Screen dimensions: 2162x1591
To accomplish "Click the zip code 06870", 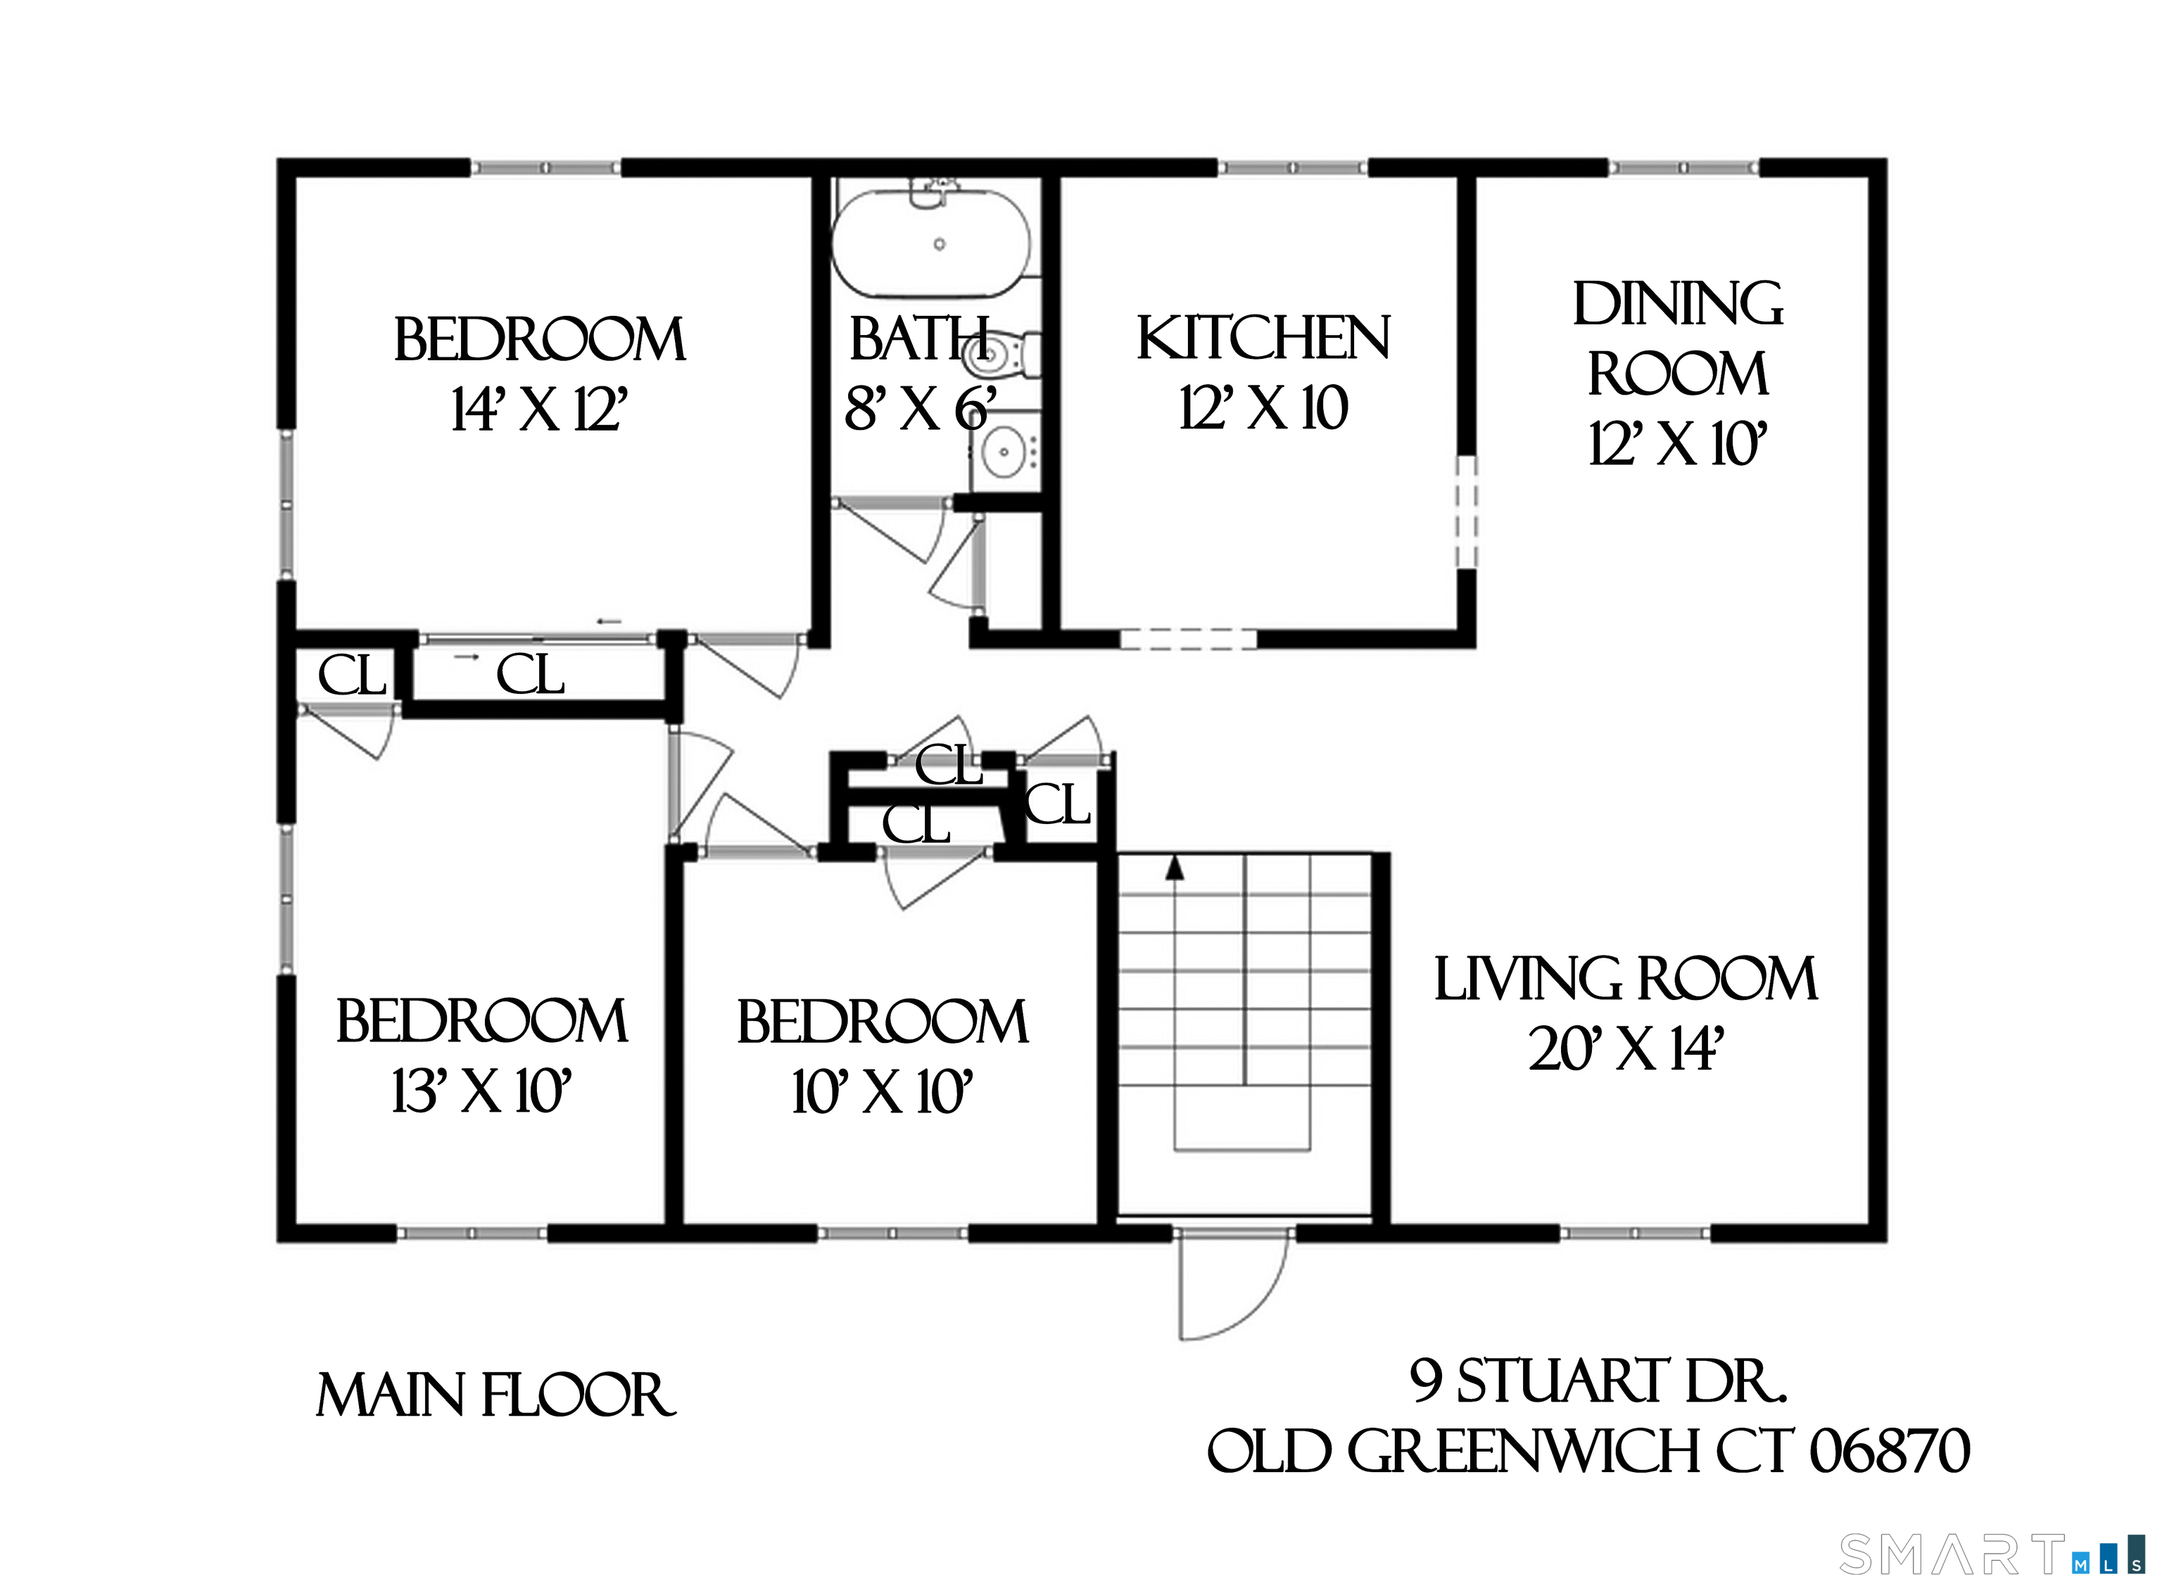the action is coord(1890,1452).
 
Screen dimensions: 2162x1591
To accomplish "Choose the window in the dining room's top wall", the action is coord(1683,167).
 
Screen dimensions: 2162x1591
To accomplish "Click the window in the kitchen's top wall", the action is coord(1292,167).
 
